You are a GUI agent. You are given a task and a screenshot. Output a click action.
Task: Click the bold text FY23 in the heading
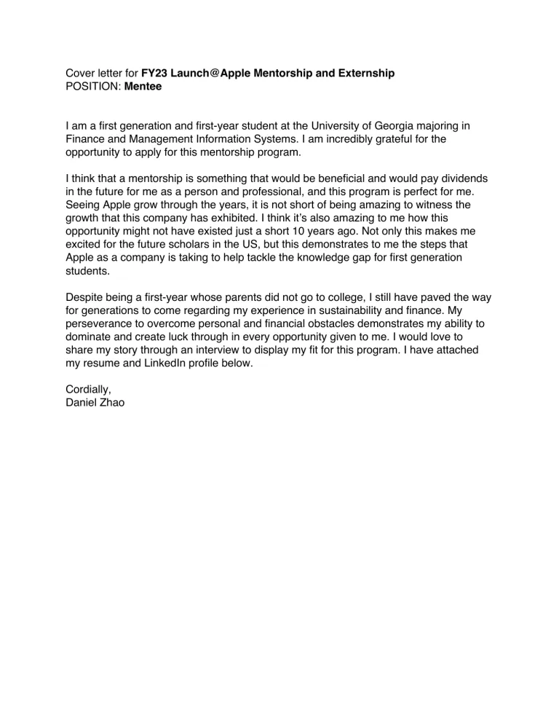point(154,74)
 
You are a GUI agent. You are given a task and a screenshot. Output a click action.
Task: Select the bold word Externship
point(365,74)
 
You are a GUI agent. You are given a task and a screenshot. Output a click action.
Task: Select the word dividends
point(463,178)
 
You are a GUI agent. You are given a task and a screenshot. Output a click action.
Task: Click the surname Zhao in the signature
point(110,403)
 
